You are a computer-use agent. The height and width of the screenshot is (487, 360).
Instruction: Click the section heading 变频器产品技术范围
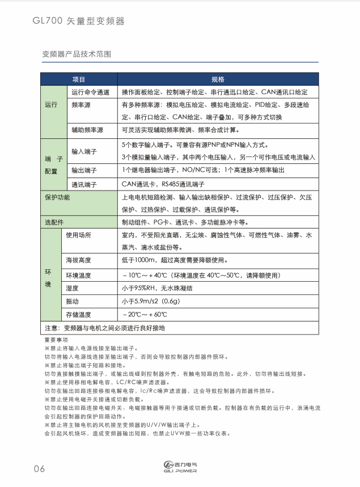pos(77,55)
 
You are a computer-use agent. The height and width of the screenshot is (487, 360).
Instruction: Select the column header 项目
pos(79,79)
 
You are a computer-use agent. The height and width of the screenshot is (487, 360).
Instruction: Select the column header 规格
pos(218,79)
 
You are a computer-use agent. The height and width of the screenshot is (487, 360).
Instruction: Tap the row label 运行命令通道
pos(90,92)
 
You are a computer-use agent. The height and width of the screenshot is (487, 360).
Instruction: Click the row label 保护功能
pos(57,197)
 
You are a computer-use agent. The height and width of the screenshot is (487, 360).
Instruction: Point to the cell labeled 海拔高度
pos(79,260)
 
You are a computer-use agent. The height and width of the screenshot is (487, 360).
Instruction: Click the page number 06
pos(39,468)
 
